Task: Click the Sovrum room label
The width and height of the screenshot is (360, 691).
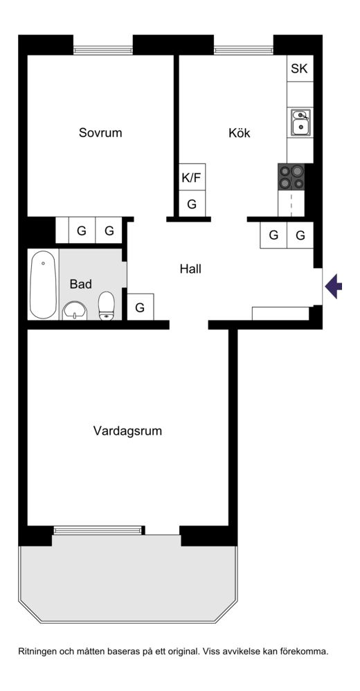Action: point(100,132)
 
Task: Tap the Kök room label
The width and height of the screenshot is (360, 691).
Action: point(239,132)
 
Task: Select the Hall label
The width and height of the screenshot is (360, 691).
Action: point(190,269)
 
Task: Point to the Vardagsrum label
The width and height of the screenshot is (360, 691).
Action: point(127,431)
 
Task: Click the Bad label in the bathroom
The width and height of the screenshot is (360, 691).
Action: point(80,285)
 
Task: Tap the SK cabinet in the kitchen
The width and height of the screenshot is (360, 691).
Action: point(300,69)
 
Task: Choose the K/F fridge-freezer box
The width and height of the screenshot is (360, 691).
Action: point(192,177)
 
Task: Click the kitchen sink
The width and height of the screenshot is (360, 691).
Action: point(300,122)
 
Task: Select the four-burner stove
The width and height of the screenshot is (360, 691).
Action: point(291,177)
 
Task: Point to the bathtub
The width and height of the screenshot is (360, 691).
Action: point(43,285)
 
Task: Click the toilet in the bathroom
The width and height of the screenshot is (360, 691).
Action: point(106,306)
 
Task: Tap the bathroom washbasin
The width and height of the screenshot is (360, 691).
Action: point(75,311)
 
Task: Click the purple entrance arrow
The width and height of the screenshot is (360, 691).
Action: point(334,287)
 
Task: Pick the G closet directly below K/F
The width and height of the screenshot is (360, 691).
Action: point(192,204)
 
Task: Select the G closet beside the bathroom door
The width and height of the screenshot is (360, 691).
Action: point(140,307)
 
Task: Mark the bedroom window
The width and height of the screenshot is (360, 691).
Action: point(103,51)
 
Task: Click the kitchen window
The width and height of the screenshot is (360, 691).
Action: point(244,51)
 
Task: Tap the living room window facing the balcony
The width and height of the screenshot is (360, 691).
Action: point(99,530)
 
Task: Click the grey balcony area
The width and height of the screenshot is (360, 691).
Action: point(128,578)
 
